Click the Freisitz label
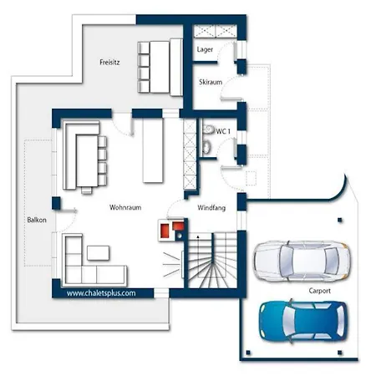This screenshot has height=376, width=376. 109,62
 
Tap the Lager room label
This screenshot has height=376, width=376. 205,49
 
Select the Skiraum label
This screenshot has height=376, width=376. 211,82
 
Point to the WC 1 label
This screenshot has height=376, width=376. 223,131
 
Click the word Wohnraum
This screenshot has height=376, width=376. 125,207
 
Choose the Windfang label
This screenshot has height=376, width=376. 211,208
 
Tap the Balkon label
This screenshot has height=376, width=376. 37,220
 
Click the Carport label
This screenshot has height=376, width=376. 319,291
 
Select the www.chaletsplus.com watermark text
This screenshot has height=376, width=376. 101,293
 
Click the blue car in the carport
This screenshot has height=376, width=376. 303,321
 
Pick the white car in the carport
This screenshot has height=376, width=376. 302,261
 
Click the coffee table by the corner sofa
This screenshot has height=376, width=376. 98,253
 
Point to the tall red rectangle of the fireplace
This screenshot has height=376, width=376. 165,231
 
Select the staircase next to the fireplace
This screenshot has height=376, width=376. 212,261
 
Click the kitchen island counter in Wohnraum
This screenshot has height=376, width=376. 153,150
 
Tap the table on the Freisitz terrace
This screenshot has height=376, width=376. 160,67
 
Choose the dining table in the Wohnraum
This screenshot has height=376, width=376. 87,161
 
